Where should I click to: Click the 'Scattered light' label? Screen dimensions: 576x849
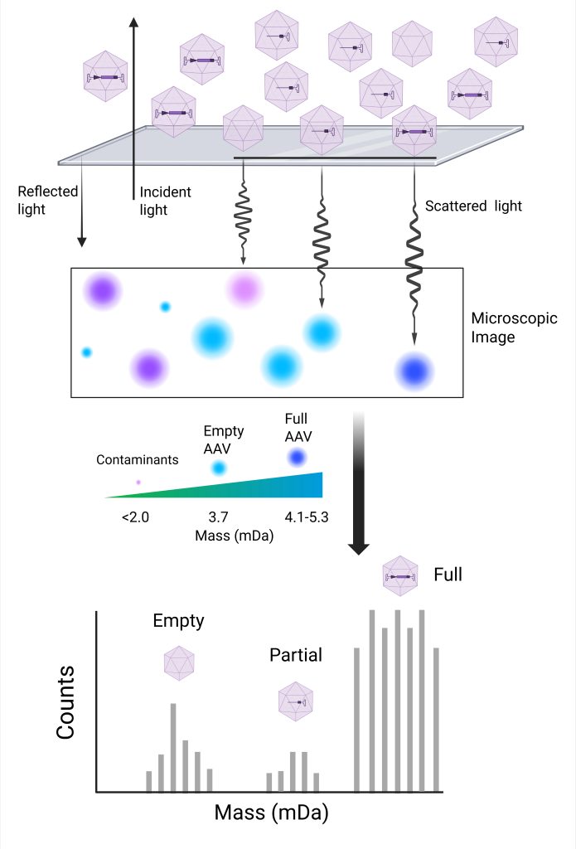[x=473, y=206]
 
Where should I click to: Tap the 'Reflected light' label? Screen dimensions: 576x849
[x=47, y=200]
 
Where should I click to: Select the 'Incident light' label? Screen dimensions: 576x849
[x=165, y=201]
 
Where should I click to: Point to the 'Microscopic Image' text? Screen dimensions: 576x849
[x=514, y=327]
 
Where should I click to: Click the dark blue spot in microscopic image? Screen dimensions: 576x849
[x=414, y=371]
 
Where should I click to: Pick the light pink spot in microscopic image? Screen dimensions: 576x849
[x=244, y=289]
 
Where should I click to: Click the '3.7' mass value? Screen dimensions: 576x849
[x=218, y=517]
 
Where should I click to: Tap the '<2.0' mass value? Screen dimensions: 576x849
[x=135, y=517]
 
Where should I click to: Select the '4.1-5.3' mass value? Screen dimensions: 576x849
[x=307, y=517]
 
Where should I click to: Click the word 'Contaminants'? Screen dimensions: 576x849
[x=138, y=459]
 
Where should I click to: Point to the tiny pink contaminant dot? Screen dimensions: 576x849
[x=138, y=482]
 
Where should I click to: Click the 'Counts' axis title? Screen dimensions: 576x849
[x=65, y=702]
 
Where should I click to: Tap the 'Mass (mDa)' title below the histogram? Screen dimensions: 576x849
[x=271, y=813]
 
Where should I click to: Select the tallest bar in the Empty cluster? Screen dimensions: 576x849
[x=173, y=747]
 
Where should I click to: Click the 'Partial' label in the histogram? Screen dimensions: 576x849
[x=296, y=655]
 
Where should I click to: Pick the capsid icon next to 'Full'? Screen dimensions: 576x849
[x=400, y=575]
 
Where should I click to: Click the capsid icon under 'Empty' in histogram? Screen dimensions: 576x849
[x=179, y=662]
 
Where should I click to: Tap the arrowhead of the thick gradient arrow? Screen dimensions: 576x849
[x=358, y=548]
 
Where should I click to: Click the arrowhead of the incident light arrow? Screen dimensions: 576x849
[x=134, y=21]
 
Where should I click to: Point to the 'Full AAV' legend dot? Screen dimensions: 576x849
[x=297, y=458]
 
